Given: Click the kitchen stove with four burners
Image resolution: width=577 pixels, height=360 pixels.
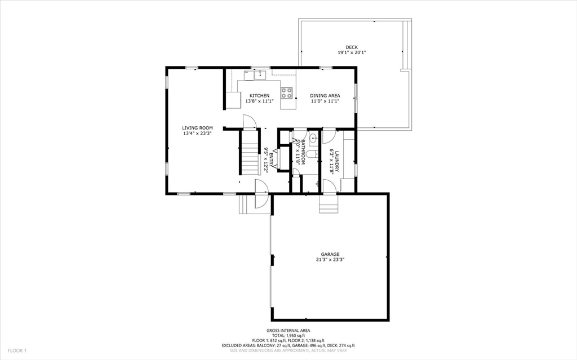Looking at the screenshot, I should pos(287,92).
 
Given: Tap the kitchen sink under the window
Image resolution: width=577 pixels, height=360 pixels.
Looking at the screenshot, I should pos(260,74).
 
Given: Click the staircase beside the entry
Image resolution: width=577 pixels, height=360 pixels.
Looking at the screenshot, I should pos(248,152).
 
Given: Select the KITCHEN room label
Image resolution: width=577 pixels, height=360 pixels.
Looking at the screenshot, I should pos(259,96).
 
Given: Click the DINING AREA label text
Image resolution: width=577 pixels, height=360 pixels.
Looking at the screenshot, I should pos(325,96).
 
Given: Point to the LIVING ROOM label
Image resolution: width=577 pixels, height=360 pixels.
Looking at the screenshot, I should pos(197,128).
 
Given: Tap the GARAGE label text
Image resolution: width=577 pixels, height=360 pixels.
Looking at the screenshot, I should pos(330,254).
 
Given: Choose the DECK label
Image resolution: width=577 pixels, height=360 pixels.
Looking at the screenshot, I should pos(352,47).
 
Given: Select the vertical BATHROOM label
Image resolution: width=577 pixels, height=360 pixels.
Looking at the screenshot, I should pos(303,152).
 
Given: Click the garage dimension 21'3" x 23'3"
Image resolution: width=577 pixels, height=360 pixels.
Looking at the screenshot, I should pos(330,260).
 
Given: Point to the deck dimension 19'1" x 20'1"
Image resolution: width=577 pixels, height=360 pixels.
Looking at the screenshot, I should pos(352,52).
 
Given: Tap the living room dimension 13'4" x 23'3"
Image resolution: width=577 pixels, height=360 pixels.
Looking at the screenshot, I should pos(197,134).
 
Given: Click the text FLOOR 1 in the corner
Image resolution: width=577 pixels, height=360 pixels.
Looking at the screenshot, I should pos(17,350).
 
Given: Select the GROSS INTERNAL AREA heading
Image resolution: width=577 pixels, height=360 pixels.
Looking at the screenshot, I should pos(288,331).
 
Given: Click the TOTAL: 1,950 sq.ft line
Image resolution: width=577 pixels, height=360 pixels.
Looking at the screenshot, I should pos(288,335).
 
